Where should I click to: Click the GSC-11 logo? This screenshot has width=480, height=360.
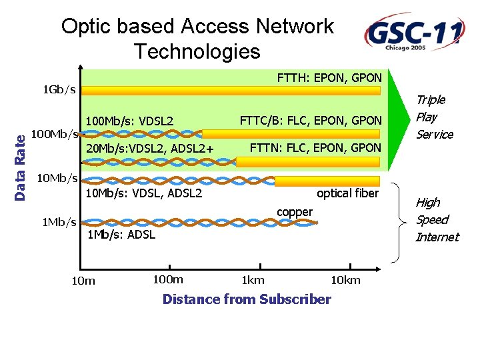415,32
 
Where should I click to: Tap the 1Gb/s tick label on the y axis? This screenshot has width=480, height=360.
59,89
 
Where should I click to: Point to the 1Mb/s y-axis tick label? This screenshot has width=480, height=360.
59,222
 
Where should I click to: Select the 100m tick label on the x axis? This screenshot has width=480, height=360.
168,279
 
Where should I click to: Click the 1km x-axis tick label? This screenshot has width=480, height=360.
253,280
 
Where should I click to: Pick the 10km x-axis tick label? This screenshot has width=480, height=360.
345,280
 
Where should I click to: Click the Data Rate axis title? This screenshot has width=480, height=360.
20,168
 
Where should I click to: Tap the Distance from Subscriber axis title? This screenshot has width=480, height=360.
247,299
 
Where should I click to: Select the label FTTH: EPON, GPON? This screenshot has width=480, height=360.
329,78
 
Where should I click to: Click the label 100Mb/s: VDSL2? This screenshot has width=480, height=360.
129,121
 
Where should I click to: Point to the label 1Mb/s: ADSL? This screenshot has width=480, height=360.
121,235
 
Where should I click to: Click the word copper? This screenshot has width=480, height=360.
295,212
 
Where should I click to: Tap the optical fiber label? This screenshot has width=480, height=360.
348,193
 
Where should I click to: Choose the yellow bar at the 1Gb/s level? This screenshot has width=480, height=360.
231,91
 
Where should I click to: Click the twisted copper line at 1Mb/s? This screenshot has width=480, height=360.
199,223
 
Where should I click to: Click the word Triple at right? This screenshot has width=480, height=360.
431,100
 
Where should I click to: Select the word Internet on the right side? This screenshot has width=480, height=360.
437,237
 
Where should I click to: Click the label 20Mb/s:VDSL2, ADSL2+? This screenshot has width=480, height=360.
150,149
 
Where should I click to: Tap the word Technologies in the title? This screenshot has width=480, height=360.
197,51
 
